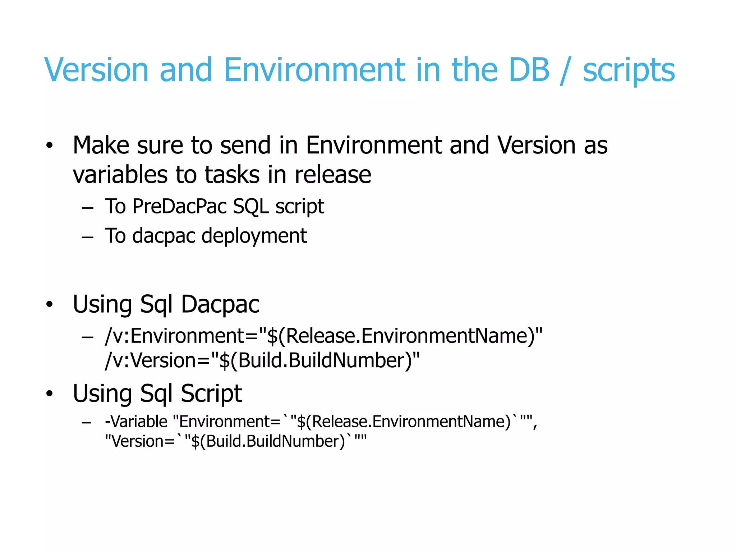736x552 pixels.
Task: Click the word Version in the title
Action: pyautogui.click(x=96, y=70)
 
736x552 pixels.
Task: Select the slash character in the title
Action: pyautogui.click(x=566, y=70)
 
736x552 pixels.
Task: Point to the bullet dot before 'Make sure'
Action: pyautogui.click(x=50, y=146)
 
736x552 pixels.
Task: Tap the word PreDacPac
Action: pyautogui.click(x=180, y=207)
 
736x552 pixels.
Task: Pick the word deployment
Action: pyautogui.click(x=254, y=236)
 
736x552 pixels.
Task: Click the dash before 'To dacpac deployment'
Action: pyautogui.click(x=88, y=237)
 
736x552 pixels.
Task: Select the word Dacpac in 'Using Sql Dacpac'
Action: pyautogui.click(x=220, y=304)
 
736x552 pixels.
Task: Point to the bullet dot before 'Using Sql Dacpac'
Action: pyautogui.click(x=50, y=304)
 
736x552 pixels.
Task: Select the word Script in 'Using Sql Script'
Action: pyautogui.click(x=211, y=394)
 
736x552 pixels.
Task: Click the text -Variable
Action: pyautogui.click(x=136, y=422)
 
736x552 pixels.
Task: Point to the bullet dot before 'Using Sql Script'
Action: pyautogui.click(x=50, y=394)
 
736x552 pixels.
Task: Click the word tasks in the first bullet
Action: pyautogui.click(x=232, y=175)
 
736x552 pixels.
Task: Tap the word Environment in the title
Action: pyautogui.click(x=314, y=70)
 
